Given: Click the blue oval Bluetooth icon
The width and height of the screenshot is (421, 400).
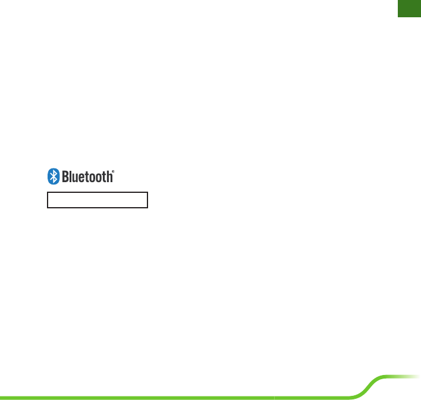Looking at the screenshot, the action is tap(53, 176).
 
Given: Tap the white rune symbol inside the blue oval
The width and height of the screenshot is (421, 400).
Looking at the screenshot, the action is tap(53, 176).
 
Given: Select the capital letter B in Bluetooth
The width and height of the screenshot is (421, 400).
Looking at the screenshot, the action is tap(64, 176).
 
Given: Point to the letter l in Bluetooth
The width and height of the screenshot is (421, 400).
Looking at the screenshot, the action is tap(70, 176).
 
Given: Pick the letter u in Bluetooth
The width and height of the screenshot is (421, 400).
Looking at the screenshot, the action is tap(74, 177).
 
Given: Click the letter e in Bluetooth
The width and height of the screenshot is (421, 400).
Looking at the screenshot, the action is tap(81, 177).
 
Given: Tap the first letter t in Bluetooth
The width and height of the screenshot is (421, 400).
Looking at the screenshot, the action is tap(87, 177).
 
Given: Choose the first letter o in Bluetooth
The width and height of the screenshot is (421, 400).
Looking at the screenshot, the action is tap(92, 177).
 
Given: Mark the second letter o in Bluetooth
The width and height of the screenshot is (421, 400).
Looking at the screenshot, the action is tap(99, 177).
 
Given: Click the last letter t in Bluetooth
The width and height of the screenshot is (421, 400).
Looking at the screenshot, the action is tap(104, 177).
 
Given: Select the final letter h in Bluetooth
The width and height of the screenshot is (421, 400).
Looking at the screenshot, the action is tap(109, 176).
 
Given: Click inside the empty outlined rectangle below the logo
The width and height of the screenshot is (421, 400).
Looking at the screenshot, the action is tap(97, 199).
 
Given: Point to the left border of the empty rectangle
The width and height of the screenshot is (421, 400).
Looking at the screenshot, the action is tap(48, 199).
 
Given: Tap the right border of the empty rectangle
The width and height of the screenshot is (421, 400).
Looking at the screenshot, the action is tap(147, 199).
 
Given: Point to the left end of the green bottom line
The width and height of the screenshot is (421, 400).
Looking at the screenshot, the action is tap(2, 397).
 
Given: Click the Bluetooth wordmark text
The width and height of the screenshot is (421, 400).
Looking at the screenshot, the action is tap(86, 177).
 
